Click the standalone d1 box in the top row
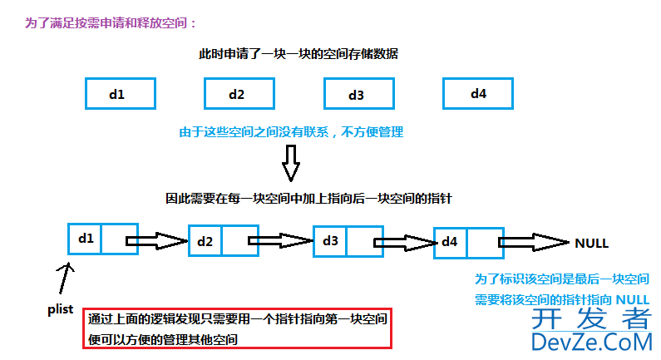[120, 94]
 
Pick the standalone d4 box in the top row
[478, 93]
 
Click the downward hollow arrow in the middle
[290, 162]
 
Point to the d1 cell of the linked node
[85, 239]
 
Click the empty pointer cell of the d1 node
[118, 239]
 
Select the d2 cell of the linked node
[205, 242]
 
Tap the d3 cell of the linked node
[330, 240]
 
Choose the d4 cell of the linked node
[450, 241]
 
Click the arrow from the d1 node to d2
[158, 242]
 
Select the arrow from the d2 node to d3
[280, 242]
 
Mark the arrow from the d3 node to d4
[404, 243]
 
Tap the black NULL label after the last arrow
[592, 244]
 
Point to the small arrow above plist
[67, 275]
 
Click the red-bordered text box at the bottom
[237, 328]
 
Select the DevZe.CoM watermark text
[591, 341]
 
